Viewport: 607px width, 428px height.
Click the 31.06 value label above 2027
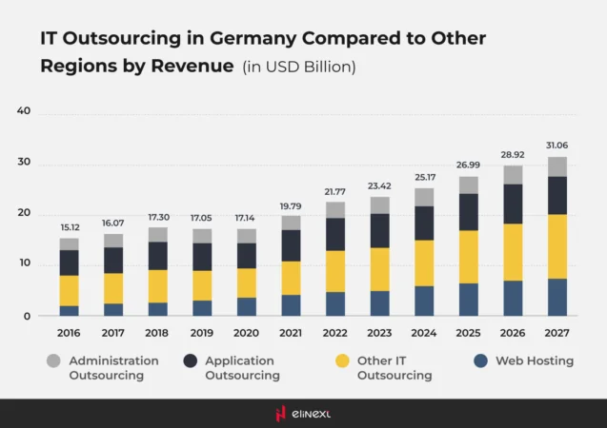[x=556, y=145]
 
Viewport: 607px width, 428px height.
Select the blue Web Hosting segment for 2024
[x=423, y=301]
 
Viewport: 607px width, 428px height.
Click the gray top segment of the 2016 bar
[x=69, y=243]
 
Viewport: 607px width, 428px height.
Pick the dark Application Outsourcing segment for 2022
[x=334, y=234]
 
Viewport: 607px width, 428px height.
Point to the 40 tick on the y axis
[x=24, y=111]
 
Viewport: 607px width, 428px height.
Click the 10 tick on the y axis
[x=24, y=264]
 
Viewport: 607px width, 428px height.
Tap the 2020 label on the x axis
[x=246, y=333]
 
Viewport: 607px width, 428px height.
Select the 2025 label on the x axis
[x=468, y=333]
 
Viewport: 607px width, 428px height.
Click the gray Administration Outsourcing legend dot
[x=53, y=361]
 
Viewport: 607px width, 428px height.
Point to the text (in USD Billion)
[x=298, y=67]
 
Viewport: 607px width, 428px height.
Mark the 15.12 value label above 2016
[x=69, y=226]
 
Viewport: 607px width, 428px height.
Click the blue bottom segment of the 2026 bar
[x=513, y=298]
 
